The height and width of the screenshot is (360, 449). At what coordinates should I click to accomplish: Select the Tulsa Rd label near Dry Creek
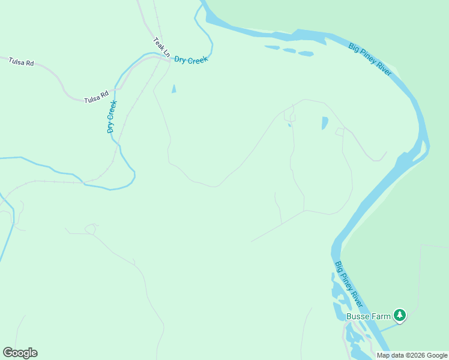tap(96, 96)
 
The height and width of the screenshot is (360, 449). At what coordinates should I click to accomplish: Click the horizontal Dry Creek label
tap(190, 60)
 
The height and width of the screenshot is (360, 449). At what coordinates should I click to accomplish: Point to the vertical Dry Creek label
tap(111, 116)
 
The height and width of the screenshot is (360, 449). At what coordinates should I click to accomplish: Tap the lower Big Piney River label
tap(349, 281)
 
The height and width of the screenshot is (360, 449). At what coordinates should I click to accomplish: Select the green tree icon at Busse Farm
tap(400, 315)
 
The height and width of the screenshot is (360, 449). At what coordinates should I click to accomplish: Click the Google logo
tap(20, 353)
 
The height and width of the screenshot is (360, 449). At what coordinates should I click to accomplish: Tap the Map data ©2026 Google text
tap(412, 355)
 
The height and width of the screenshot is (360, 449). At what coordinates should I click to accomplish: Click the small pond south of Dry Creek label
tap(174, 89)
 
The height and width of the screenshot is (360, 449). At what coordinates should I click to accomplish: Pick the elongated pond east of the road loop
tap(325, 122)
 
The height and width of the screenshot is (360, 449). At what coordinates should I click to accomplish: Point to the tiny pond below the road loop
tap(289, 125)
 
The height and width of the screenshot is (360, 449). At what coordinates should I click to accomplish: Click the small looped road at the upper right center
tap(292, 115)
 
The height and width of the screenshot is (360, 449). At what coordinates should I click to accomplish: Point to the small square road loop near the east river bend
tap(339, 131)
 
